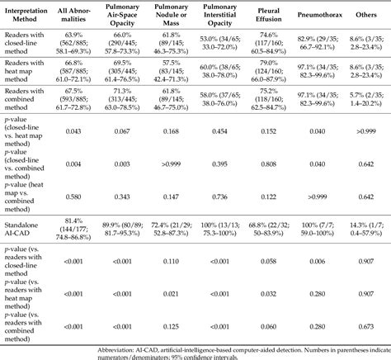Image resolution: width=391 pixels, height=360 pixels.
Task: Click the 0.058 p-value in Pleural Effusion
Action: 276,260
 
